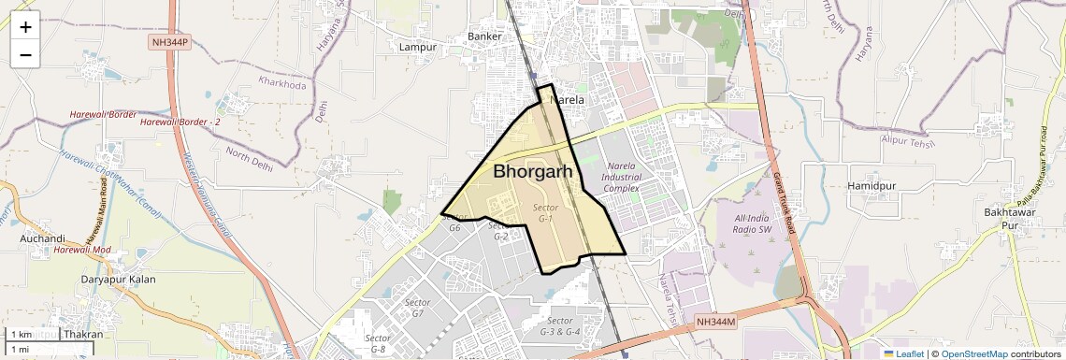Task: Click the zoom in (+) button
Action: click(x=25, y=27)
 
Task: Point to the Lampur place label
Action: click(x=418, y=47)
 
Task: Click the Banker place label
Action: click(x=485, y=37)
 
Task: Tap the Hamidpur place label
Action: click(x=872, y=186)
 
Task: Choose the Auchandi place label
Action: click(x=42, y=238)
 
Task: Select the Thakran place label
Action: click(x=83, y=334)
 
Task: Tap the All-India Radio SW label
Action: click(x=747, y=223)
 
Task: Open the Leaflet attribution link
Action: click(x=903, y=353)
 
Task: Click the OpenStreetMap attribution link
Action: click(x=973, y=353)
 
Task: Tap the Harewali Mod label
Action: click(x=82, y=250)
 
